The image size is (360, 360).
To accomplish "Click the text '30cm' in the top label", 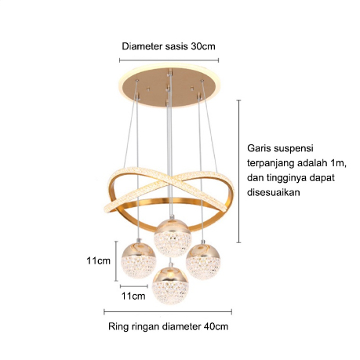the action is pyautogui.click(x=203, y=46).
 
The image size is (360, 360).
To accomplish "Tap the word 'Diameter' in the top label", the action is pyautogui.click(x=142, y=46).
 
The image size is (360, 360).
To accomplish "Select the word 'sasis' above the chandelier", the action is pyautogui.click(x=176, y=46).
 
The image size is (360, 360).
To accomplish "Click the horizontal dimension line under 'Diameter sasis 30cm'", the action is pyautogui.click(x=169, y=60).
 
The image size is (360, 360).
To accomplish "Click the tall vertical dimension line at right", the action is pyautogui.click(x=238, y=171).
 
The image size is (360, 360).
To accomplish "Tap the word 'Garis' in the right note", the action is pyautogui.click(x=259, y=148).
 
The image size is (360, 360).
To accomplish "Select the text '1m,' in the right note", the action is pyautogui.click(x=339, y=163).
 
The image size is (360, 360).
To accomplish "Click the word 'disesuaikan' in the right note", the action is pyautogui.click(x=274, y=193).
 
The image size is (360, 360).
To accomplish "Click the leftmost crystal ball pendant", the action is pyautogui.click(x=138, y=260).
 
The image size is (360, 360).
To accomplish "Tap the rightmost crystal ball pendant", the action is pyautogui.click(x=203, y=261).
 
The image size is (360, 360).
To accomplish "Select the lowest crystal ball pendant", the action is pyautogui.click(x=170, y=285).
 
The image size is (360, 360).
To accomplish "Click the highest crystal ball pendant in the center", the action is pyautogui.click(x=173, y=238).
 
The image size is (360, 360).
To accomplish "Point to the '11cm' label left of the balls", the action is pyautogui.click(x=99, y=260).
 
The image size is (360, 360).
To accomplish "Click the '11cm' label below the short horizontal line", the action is pyautogui.click(x=133, y=296).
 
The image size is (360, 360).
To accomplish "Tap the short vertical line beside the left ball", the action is pyautogui.click(x=116, y=261).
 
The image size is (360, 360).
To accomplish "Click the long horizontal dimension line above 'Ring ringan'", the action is pyautogui.click(x=168, y=311).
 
